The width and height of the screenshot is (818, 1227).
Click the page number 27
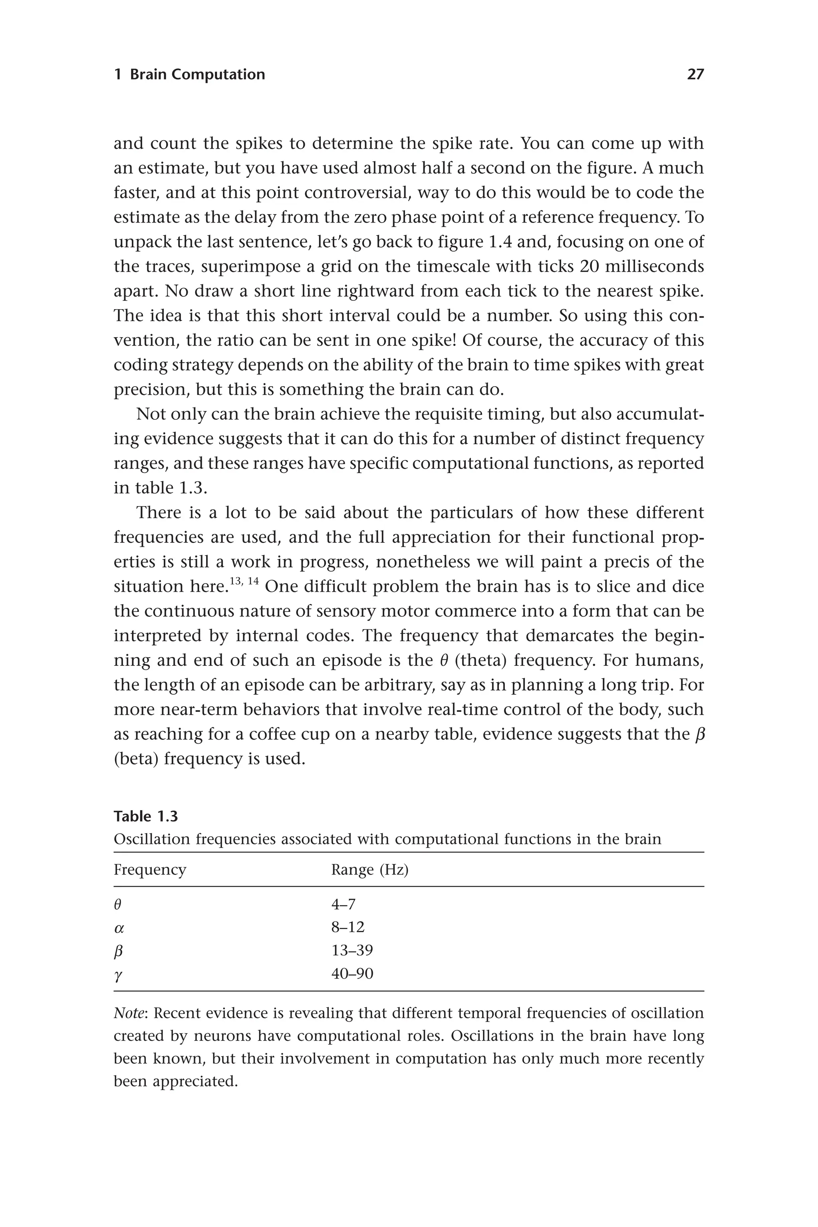(x=695, y=75)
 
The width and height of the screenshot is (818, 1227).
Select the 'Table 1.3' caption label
(x=145, y=816)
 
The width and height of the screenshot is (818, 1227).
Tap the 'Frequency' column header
(x=150, y=870)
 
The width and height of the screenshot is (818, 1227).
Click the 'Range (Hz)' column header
(x=369, y=870)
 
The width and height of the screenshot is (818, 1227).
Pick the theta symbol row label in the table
(x=117, y=904)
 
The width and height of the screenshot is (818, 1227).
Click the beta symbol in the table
(x=118, y=951)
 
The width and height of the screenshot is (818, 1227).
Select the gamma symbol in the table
(x=118, y=974)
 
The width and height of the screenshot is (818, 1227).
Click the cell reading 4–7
(x=343, y=904)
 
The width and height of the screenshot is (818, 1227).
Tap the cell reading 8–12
(x=347, y=927)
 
